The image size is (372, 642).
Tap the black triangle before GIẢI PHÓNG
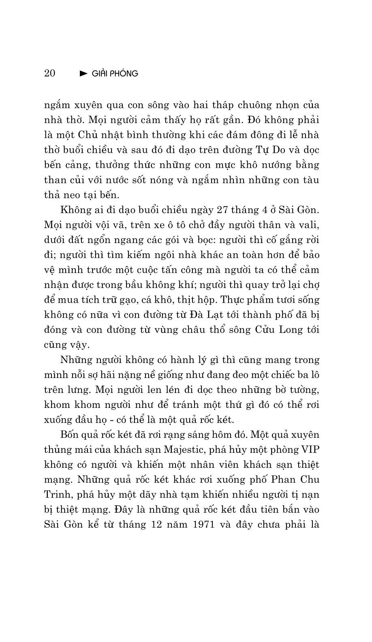[x=83, y=74]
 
